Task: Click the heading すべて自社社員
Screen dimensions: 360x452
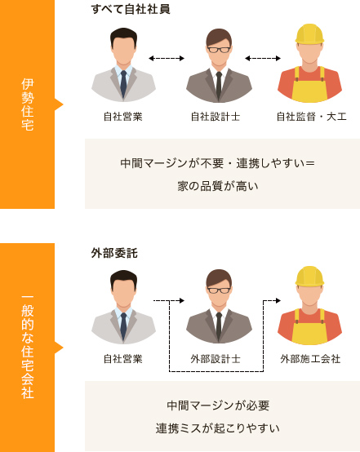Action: [131, 9]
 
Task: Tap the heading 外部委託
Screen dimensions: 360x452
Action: [114, 253]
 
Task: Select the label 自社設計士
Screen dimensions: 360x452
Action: [216, 117]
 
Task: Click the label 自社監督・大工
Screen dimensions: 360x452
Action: [311, 117]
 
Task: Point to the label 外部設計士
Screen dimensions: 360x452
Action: [216, 359]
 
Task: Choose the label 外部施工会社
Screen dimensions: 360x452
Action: [310, 359]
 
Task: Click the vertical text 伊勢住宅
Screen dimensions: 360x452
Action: [28, 104]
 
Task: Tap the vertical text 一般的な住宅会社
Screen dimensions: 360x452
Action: [28, 347]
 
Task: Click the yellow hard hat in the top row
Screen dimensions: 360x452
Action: [309, 33]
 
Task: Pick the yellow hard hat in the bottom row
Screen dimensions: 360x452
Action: [309, 276]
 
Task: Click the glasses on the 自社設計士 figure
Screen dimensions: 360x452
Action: [219, 50]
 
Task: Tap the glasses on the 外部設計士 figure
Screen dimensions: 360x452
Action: [219, 290]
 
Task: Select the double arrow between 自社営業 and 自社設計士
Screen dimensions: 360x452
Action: [167, 59]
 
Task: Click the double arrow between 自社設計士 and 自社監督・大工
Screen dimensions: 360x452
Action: [263, 59]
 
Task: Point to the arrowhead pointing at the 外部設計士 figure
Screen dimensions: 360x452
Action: [182, 301]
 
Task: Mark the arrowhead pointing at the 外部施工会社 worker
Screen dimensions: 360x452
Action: [278, 301]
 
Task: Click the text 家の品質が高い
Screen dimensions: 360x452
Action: [218, 186]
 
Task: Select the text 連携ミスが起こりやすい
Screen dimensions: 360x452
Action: [218, 428]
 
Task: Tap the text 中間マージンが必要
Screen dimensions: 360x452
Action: [218, 405]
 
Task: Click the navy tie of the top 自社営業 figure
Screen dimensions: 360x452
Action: [123, 83]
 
